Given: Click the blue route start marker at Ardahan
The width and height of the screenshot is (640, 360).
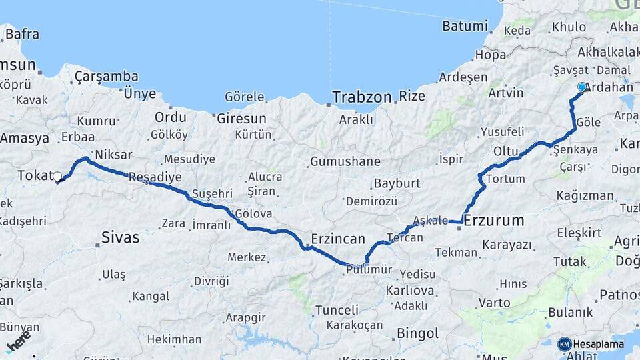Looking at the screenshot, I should [x=582, y=87].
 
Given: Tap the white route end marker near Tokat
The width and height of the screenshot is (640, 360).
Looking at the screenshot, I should [x=57, y=177].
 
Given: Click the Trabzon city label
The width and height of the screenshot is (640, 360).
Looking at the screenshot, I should [x=362, y=97].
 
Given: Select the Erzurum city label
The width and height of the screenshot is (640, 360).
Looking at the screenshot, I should [x=494, y=220].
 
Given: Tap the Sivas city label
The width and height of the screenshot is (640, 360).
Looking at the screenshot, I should [x=120, y=237].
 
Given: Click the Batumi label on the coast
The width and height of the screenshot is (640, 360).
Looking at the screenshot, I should [x=465, y=27].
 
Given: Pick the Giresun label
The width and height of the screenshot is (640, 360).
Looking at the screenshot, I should [x=241, y=119].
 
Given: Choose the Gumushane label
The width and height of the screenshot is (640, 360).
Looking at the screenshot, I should [x=345, y=161].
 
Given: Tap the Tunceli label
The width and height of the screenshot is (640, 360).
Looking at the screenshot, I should [x=337, y=309].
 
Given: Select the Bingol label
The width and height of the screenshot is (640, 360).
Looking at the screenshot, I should [x=417, y=333].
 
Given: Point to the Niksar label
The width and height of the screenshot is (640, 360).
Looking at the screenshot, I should [x=114, y=155].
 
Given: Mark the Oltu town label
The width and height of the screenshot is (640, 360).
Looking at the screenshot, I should [x=506, y=151].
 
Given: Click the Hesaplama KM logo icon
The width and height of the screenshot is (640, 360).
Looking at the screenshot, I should [x=565, y=344].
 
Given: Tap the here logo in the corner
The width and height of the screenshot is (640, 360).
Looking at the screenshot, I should [x=18, y=341].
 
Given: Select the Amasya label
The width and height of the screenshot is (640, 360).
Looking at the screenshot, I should [x=25, y=139].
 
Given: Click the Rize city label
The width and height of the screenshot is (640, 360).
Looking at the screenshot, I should [x=412, y=97].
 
